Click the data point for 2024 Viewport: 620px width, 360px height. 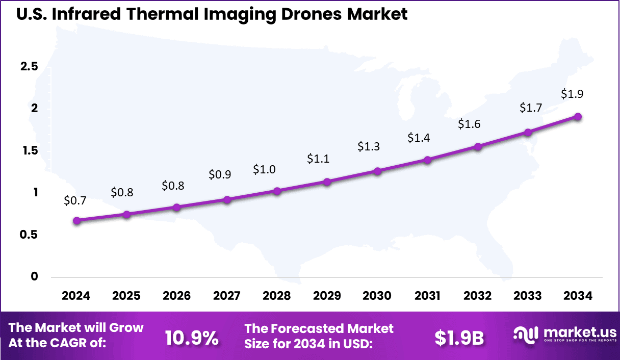click(76, 221)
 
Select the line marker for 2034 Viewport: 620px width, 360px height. click(578, 116)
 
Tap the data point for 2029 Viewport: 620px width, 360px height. click(327, 182)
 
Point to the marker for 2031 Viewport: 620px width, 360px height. click(427, 160)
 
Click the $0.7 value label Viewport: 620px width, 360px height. click(75, 200)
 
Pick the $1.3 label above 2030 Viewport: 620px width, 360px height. click(368, 146)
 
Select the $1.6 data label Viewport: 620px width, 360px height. click(469, 124)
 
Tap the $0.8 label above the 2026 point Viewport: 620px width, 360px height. click(173, 186)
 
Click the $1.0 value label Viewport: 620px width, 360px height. click(264, 169)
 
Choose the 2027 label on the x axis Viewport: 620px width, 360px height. click(227, 296)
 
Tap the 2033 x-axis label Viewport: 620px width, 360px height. click(528, 296)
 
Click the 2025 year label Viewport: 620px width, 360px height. click(126, 296)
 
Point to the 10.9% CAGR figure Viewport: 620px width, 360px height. click(192, 337)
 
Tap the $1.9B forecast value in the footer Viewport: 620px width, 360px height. click(459, 337)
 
